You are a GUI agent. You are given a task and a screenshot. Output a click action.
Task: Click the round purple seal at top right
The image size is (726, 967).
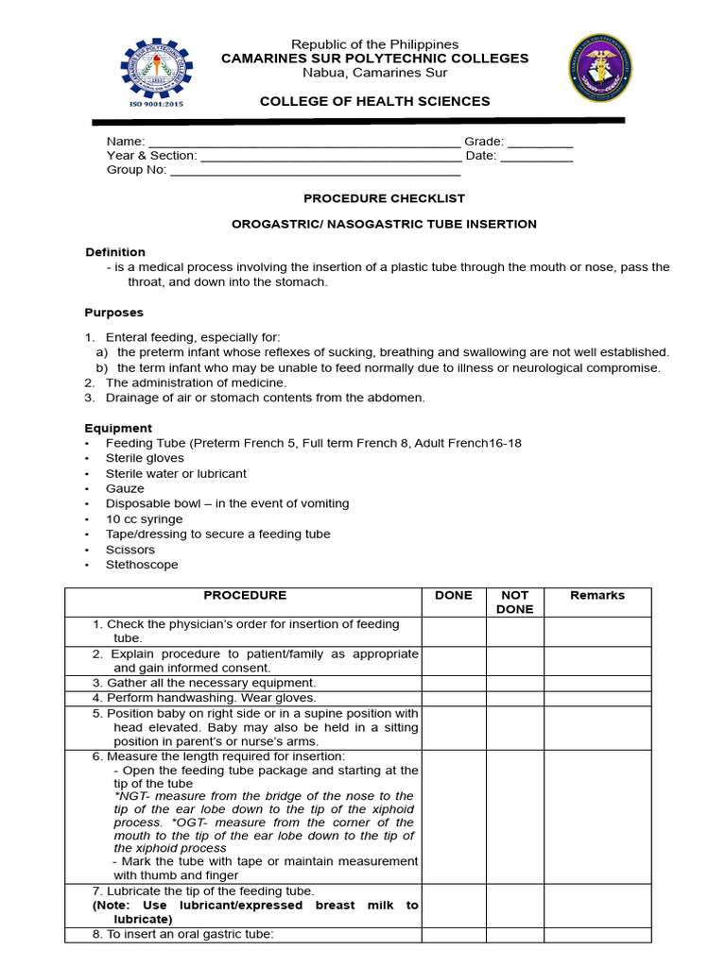[602, 69]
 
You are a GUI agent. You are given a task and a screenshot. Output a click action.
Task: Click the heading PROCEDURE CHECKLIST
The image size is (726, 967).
[384, 198]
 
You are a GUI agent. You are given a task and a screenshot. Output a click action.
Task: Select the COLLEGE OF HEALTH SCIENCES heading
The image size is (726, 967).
[375, 101]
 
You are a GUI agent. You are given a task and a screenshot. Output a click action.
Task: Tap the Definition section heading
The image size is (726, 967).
[115, 252]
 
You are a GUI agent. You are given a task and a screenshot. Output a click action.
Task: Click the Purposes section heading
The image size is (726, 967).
[114, 313]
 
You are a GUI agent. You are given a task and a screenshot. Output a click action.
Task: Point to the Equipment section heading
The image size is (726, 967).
[118, 428]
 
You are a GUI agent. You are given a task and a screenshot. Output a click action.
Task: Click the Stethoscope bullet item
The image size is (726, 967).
[142, 565]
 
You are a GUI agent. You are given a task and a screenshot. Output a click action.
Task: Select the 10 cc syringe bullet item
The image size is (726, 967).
[144, 519]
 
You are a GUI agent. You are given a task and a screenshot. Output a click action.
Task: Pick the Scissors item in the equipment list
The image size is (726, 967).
[130, 550]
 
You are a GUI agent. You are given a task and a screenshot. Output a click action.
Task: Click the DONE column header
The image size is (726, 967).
[453, 596]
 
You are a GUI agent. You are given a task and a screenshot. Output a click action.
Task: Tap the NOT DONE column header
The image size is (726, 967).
[514, 602]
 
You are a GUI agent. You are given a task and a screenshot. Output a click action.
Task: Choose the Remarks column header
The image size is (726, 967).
[597, 596]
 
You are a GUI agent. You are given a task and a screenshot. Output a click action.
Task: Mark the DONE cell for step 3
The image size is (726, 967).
[453, 683]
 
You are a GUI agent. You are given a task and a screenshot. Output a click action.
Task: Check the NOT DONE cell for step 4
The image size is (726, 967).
[514, 698]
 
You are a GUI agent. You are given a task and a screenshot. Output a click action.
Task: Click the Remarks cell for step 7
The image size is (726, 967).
[597, 906]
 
